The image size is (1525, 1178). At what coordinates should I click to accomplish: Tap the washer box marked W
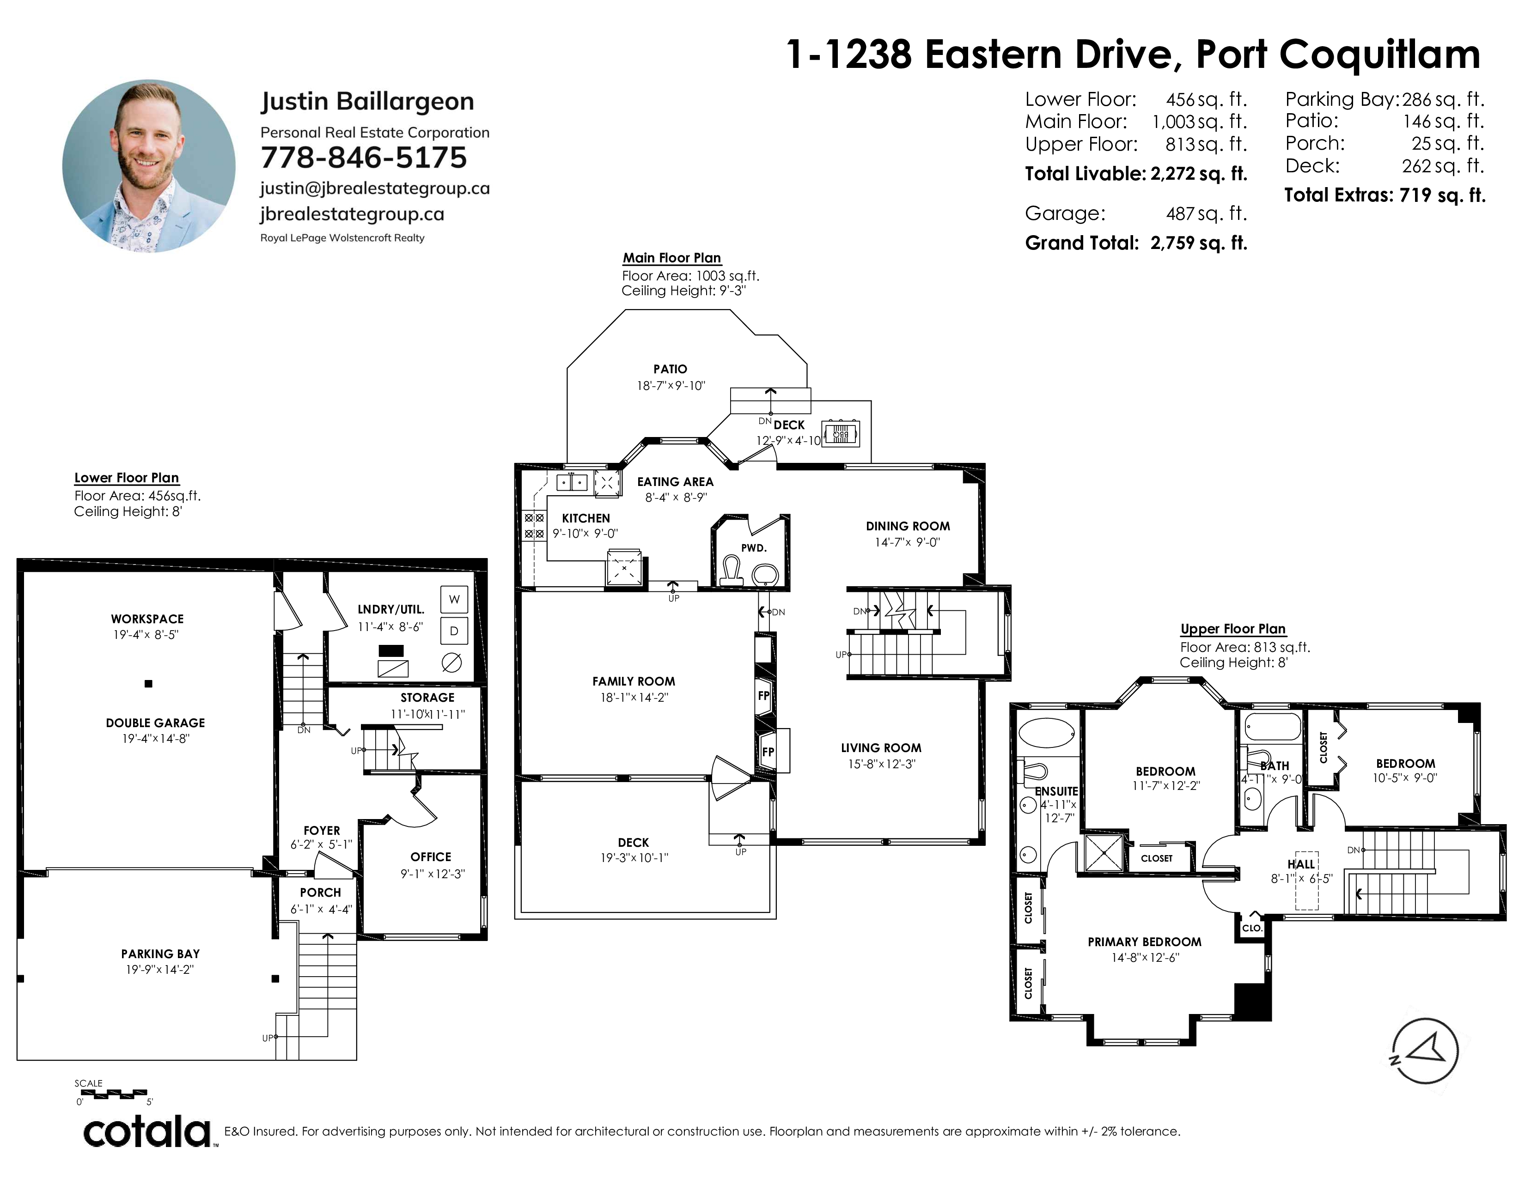[x=454, y=599]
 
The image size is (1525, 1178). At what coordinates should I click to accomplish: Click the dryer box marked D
[x=454, y=632]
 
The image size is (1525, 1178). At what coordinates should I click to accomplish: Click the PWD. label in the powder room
[x=753, y=548]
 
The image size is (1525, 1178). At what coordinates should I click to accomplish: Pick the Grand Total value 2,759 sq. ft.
[x=1199, y=243]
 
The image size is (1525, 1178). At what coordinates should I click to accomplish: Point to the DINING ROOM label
[x=908, y=526]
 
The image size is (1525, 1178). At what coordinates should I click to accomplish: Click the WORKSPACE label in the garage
[x=147, y=619]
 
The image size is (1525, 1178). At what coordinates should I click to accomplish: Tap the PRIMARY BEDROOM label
[x=1145, y=942]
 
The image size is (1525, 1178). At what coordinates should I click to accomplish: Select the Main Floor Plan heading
[x=672, y=258]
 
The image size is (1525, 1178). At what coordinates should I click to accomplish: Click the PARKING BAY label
[x=161, y=954]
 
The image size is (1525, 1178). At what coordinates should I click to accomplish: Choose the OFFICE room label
[x=431, y=857]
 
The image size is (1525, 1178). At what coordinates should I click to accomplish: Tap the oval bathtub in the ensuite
[x=1047, y=734]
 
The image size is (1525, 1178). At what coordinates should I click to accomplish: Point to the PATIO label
[x=671, y=369]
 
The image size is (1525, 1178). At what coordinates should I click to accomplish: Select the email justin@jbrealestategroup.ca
[x=375, y=188]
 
